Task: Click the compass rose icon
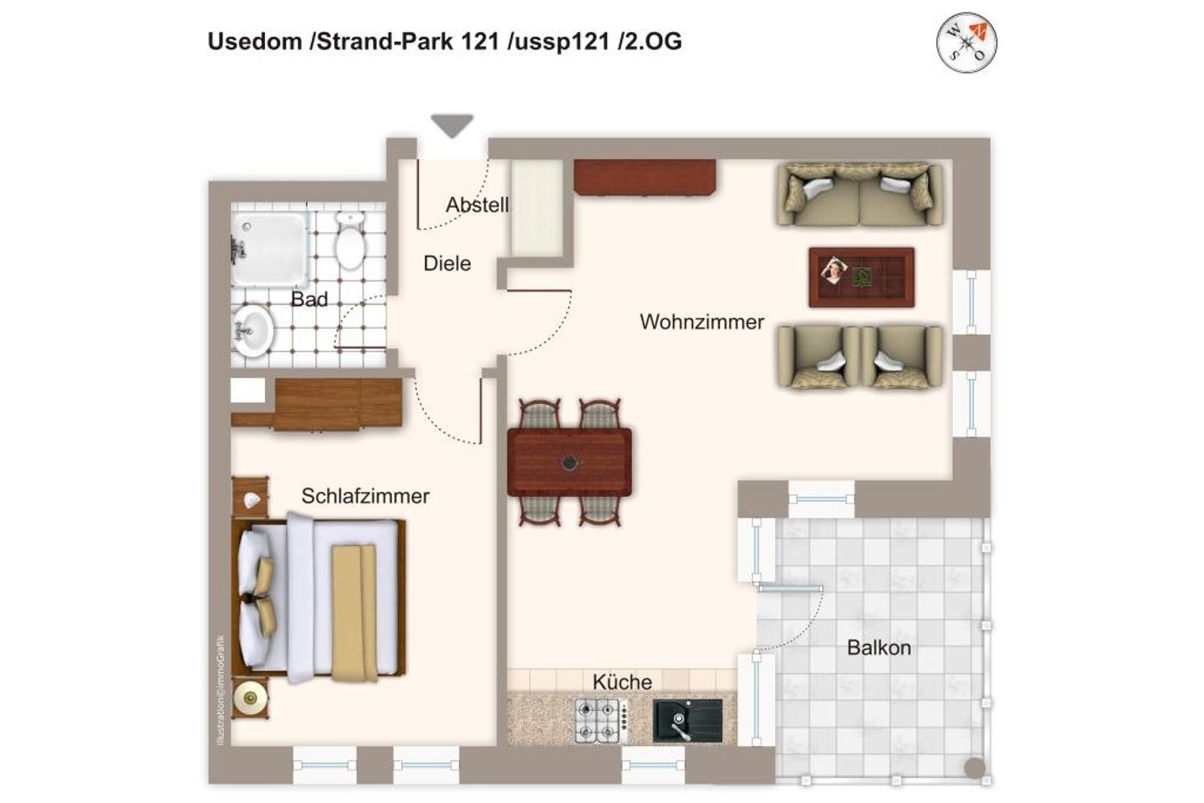point(967,42)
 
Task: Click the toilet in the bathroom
point(349,241)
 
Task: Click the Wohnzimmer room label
point(701,322)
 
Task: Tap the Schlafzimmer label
point(365,496)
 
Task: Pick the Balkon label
point(879,647)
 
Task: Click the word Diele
point(447,263)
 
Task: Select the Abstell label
point(477,205)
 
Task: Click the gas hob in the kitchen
point(601,721)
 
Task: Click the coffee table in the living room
point(861,278)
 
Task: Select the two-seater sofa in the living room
point(860,195)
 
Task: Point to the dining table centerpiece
point(569,462)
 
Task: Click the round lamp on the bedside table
point(250,698)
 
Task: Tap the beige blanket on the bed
point(354,613)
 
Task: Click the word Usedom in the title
point(255,42)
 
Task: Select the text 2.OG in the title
point(650,42)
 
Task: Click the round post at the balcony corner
point(975,768)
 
